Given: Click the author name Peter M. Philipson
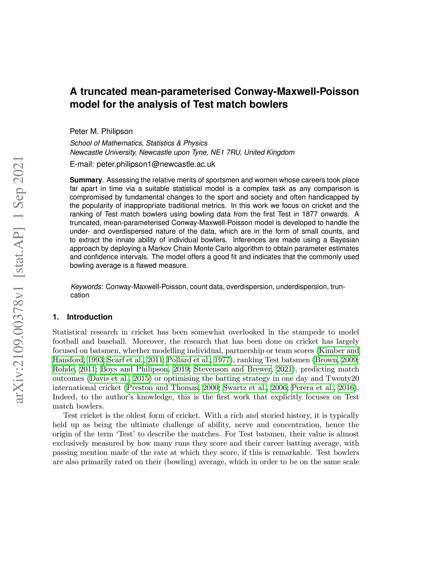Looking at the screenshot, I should [x=101, y=132].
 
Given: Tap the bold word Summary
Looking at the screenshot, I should [x=86, y=180].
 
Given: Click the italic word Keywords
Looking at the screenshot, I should [x=86, y=287].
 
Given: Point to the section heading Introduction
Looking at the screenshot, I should [x=89, y=317].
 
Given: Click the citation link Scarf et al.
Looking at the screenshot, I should [x=125, y=360].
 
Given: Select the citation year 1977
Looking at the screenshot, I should [x=222, y=360].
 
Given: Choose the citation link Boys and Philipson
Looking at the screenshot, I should [x=134, y=370].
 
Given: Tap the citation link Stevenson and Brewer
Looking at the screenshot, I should [x=233, y=370].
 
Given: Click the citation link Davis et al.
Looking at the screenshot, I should [x=109, y=378].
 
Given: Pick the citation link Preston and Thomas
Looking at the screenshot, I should [x=163, y=388].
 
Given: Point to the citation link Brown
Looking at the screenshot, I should [x=326, y=360].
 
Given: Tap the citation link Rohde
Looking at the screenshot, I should [x=64, y=370].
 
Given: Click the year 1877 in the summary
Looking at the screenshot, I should [x=310, y=214].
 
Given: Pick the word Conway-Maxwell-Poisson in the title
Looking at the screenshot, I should [x=296, y=91].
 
